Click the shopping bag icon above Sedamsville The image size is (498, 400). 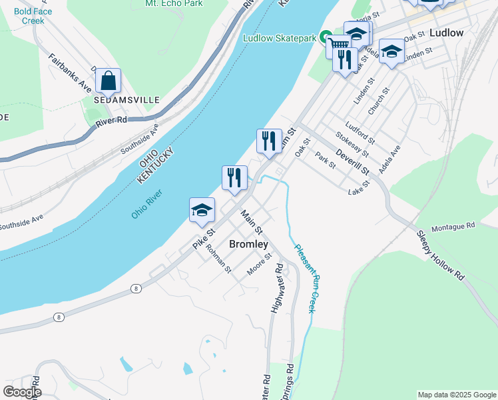point(108,81)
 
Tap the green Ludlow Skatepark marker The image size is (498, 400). point(326,38)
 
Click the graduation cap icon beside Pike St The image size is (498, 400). point(202,211)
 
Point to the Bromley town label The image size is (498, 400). point(248,244)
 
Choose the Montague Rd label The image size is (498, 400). point(452,227)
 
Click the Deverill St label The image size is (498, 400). point(353,162)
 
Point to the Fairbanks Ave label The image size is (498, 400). point(70,73)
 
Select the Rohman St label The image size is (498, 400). point(218,259)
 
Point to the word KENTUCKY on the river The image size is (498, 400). point(158,166)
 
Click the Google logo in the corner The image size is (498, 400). point(23,392)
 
